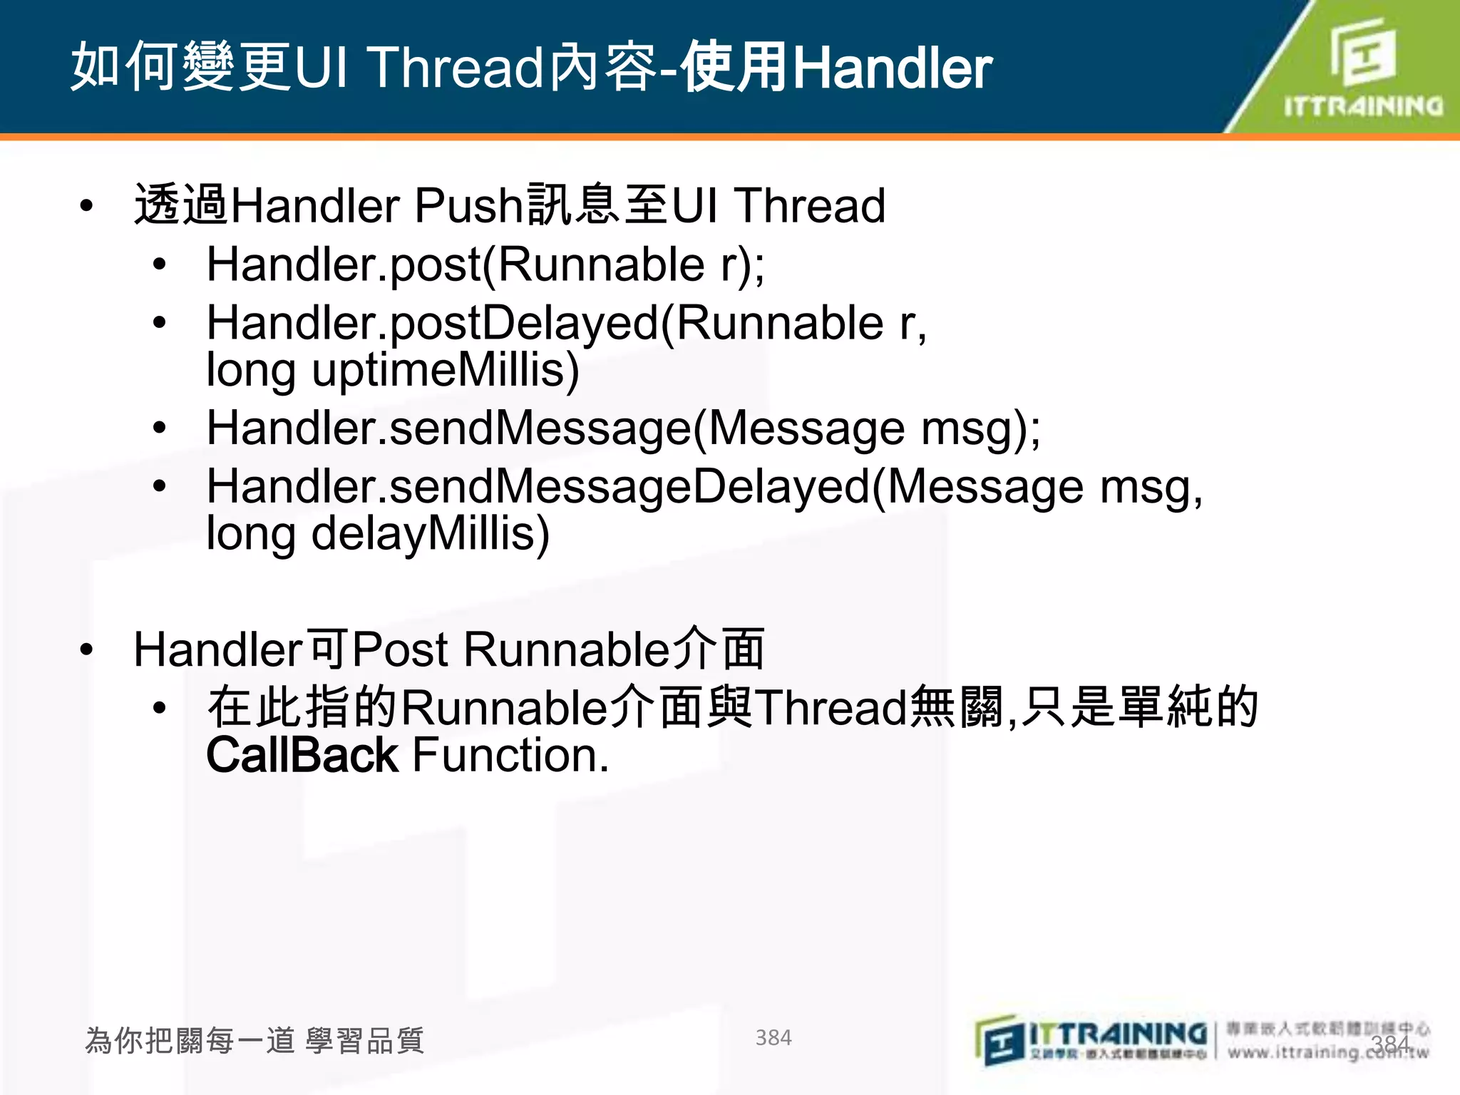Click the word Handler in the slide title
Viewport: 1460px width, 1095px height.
pyautogui.click(x=893, y=68)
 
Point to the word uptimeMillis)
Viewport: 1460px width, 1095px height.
pyautogui.click(x=446, y=371)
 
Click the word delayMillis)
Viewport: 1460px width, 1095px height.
pyautogui.click(x=431, y=534)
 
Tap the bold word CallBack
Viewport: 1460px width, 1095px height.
pyautogui.click(x=302, y=756)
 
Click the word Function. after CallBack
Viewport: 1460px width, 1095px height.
pyautogui.click(x=510, y=756)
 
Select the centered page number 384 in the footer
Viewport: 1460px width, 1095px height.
pyautogui.click(x=773, y=1038)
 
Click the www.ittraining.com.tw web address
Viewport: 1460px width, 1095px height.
pyautogui.click(x=1327, y=1052)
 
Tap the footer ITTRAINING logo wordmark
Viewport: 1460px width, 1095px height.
pyautogui.click(x=1118, y=1034)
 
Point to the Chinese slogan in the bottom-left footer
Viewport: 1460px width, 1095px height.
pyautogui.click(x=255, y=1041)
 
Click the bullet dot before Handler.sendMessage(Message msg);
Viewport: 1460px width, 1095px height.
pyautogui.click(x=160, y=428)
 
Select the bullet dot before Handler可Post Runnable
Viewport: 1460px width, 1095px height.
pyautogui.click(x=87, y=649)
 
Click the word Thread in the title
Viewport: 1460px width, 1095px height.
pyautogui.click(x=456, y=68)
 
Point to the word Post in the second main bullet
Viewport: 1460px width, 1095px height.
pyautogui.click(x=400, y=649)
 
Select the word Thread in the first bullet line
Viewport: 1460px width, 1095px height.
pyautogui.click(x=811, y=206)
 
